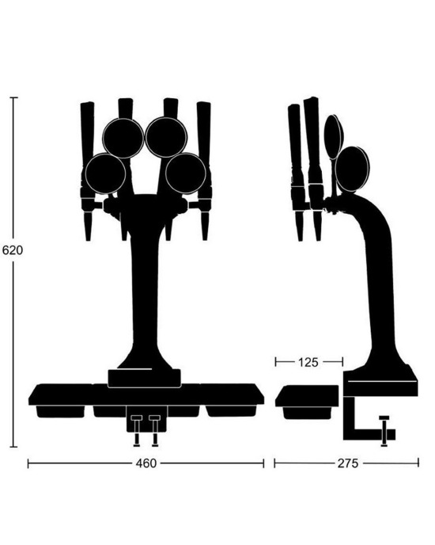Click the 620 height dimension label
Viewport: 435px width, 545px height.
pyautogui.click(x=12, y=250)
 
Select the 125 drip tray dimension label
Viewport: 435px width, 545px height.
pyautogui.click(x=308, y=362)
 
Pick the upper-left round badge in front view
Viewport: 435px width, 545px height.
pyautogui.click(x=123, y=137)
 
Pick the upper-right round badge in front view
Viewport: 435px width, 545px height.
pyautogui.click(x=166, y=137)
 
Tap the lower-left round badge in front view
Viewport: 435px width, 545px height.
pyautogui.click(x=105, y=173)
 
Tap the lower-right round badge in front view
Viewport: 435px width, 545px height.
pyautogui.click(x=186, y=173)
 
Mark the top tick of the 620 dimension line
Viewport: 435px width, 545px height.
pyautogui.click(x=13, y=97)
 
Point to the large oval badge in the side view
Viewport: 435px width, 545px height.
pyautogui.click(x=353, y=168)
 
